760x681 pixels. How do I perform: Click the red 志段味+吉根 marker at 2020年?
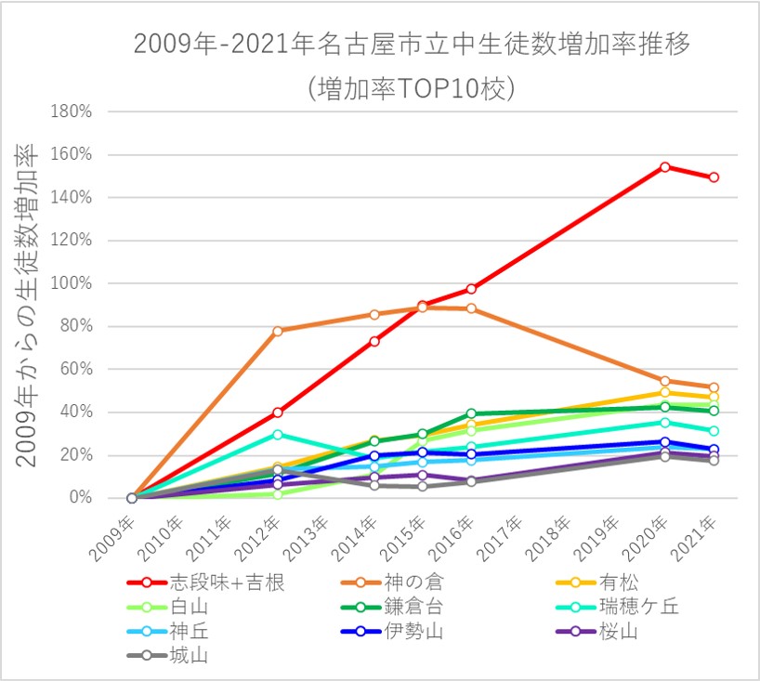point(664,167)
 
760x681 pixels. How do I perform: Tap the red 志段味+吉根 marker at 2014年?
point(374,341)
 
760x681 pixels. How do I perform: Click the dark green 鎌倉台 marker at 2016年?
point(471,413)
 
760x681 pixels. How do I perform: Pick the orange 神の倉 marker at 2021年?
point(713,387)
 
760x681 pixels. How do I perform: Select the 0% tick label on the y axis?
point(80,498)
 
